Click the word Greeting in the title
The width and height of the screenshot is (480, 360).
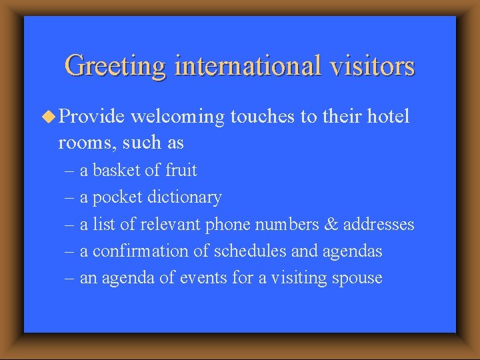(115, 67)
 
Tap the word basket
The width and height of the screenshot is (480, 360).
(117, 171)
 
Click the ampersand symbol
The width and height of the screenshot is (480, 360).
(330, 225)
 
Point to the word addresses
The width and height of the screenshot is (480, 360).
(379, 225)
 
